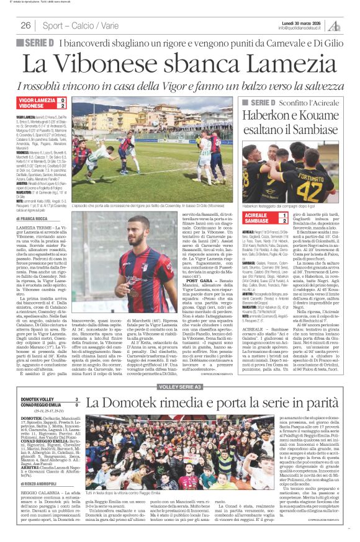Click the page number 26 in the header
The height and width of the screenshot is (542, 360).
pos(25,25)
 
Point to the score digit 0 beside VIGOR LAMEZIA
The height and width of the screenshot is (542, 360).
pos(63,100)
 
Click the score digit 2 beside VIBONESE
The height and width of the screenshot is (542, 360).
pos(63,106)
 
